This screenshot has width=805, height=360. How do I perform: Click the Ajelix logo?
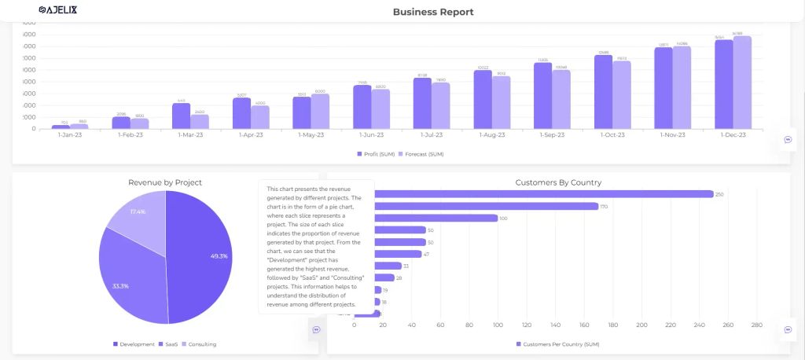click(x=57, y=10)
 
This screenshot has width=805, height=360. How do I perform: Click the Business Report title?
click(x=433, y=12)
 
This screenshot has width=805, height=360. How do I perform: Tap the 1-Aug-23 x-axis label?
click(x=492, y=135)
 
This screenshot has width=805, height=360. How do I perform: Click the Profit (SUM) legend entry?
click(x=378, y=154)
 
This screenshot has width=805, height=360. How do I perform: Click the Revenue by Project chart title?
click(x=165, y=182)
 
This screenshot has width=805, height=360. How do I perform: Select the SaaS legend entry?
click(x=169, y=344)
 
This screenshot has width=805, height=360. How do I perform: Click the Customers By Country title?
click(x=558, y=182)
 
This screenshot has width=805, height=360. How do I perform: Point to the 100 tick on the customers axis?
click(x=498, y=325)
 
